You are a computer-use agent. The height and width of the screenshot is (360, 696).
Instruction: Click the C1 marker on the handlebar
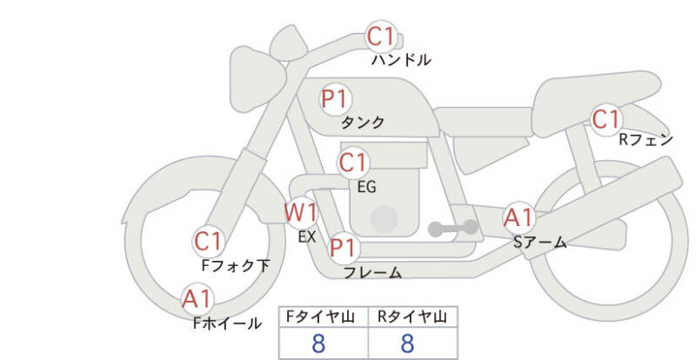coord(381,37)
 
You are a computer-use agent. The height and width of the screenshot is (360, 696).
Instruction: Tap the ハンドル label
coord(401,59)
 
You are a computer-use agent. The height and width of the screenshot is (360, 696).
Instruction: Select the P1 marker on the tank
coord(336,98)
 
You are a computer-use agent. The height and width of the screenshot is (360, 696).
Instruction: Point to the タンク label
coord(362,122)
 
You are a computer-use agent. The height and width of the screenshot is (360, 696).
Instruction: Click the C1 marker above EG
coord(353,163)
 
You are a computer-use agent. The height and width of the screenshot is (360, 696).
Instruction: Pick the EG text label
coord(366,187)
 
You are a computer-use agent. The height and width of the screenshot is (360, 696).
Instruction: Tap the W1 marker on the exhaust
coord(301,212)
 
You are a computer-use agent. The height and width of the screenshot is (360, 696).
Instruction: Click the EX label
coord(307,237)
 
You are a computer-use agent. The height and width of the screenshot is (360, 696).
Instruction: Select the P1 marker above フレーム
coord(344,247)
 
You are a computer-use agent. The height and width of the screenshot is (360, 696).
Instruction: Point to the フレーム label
coord(373,272)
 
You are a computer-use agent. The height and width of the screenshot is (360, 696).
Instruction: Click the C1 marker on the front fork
coord(208,242)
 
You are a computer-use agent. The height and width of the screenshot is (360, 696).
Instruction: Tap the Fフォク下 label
coord(236,265)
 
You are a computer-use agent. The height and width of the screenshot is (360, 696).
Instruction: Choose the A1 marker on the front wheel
coord(197,299)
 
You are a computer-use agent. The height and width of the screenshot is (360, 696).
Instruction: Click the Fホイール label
coord(227,323)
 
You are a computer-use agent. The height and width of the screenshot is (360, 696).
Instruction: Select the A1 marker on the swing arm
coord(519,218)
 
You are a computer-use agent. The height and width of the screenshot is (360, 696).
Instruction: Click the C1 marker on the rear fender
coord(606,119)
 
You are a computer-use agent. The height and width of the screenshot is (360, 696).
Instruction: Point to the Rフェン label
coord(646,140)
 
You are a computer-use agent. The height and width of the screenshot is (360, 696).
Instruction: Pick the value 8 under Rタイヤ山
coord(407,343)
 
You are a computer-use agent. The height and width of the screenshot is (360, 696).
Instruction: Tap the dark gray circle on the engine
coord(384,219)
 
